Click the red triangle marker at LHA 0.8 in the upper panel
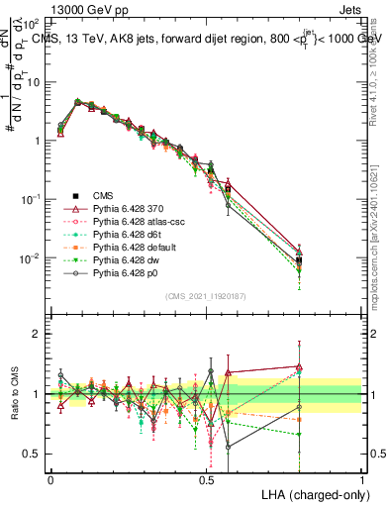pos(300,251)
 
